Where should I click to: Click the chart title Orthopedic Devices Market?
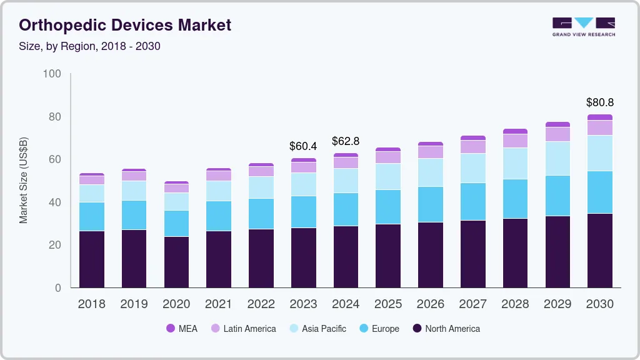pos(125,25)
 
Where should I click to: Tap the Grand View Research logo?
pos(583,26)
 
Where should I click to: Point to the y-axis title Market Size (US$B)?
pos(24,179)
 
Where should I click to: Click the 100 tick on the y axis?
pos(52,74)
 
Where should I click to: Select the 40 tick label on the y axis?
pos(54,202)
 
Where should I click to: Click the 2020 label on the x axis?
pos(176,304)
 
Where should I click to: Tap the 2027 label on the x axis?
pos(472,304)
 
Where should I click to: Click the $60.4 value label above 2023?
pos(303,146)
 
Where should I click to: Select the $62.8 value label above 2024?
pos(346,141)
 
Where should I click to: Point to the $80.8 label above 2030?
pos(600,102)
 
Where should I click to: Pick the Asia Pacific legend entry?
pos(317,329)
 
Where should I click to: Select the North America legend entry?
pos(446,329)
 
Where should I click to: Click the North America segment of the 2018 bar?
pos(91,259)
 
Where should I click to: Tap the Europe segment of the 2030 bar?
pos(600,192)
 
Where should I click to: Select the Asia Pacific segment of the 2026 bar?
pos(430,172)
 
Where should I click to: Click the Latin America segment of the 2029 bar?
pos(557,134)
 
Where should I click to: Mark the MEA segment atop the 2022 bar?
pos(261,165)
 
